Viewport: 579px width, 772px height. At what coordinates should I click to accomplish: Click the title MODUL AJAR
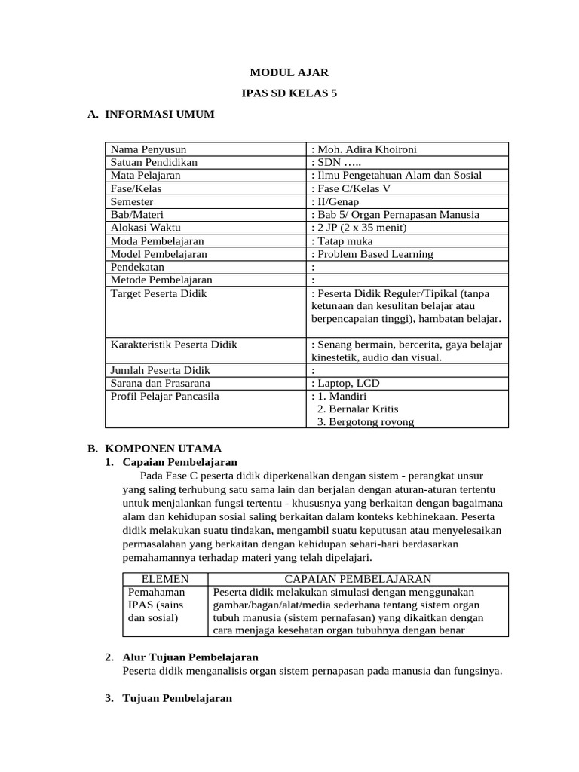click(289, 73)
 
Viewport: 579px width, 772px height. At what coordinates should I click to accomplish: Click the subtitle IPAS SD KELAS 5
click(289, 93)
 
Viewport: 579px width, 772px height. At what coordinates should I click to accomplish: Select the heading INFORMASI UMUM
click(159, 114)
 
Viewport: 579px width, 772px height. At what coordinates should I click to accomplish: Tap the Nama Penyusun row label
click(149, 149)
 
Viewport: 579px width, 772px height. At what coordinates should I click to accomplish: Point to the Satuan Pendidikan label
click(154, 162)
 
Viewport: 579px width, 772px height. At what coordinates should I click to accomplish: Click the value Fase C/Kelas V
click(353, 188)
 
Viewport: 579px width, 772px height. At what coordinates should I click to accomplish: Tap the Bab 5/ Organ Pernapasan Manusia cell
click(394, 215)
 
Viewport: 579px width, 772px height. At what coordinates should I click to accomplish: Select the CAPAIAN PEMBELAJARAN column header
click(357, 579)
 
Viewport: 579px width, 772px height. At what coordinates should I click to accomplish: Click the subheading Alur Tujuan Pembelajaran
click(190, 657)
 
